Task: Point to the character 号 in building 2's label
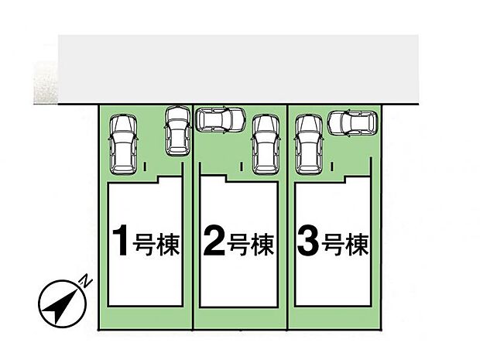tap(240, 246)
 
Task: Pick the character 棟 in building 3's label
tap(356, 246)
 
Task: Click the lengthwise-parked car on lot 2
tap(265, 142)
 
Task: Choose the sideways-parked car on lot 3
tap(352, 122)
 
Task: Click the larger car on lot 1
tap(122, 144)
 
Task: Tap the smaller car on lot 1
tap(177, 129)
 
